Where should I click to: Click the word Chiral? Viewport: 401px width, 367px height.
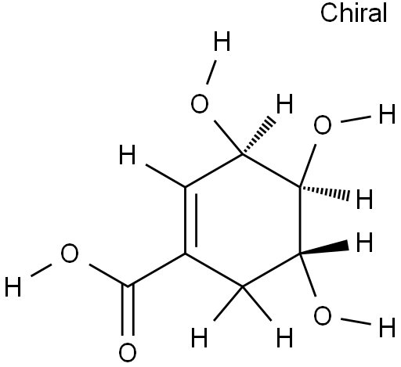pyautogui.click(x=353, y=13)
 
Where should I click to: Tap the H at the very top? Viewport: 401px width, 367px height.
pyautogui.click(x=222, y=41)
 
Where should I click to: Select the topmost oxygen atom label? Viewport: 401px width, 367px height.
pyautogui.click(x=200, y=104)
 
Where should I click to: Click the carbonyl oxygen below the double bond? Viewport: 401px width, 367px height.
pyautogui.click(x=128, y=353)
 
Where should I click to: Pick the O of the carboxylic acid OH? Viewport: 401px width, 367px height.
pyautogui.click(x=70, y=253)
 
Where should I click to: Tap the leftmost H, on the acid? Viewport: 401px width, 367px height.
pyautogui.click(x=13, y=286)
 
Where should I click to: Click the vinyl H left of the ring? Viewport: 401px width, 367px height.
pyautogui.click(x=127, y=155)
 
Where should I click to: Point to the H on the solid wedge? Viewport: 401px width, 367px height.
pyautogui.click(x=364, y=243)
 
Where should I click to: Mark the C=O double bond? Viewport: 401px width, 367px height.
pyautogui.click(x=128, y=311)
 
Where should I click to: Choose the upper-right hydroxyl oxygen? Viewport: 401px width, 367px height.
pyautogui.click(x=323, y=124)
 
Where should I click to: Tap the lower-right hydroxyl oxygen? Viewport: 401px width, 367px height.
pyautogui.click(x=323, y=315)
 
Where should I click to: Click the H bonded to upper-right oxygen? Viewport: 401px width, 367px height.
pyautogui.click(x=387, y=113)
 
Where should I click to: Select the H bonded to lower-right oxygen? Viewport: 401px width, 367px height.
pyautogui.click(x=387, y=327)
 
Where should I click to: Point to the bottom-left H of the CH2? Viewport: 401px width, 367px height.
pyautogui.click(x=200, y=337)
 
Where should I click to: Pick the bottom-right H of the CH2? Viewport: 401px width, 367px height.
pyautogui.click(x=284, y=337)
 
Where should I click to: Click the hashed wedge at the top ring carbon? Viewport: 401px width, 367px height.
pyautogui.click(x=258, y=136)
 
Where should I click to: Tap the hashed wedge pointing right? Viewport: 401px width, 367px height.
pyautogui.click(x=324, y=193)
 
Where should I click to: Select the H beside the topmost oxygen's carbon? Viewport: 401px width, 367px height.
pyautogui.click(x=284, y=104)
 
